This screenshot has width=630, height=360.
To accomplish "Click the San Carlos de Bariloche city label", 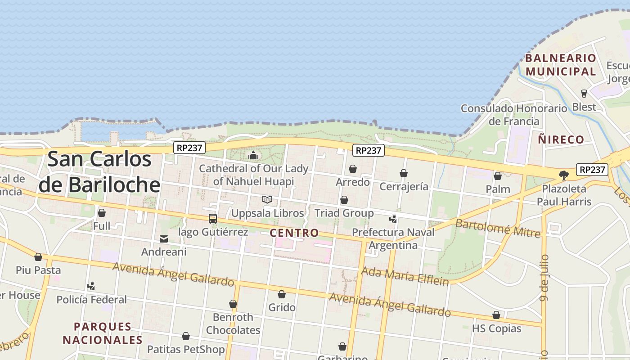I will pos(99,171).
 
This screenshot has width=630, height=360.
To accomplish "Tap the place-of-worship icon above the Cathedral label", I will pos(253,156).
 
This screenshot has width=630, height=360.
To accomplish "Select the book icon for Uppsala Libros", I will pos(267,199).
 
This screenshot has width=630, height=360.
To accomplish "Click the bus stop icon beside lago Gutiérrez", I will pos(213,219).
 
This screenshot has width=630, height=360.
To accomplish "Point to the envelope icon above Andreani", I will pos(164,239).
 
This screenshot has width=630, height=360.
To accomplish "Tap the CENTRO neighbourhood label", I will pos(294,233).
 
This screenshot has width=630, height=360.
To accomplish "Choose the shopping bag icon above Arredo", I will pos(353,169).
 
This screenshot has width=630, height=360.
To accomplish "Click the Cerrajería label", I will pos(404,187).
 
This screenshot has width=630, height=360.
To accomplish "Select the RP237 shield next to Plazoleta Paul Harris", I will pos(592,170).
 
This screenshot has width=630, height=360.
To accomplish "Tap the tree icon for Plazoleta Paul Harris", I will pos(563,175).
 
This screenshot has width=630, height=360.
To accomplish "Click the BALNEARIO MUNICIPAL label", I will pos(561,64).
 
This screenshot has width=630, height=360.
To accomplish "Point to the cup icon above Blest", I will pos(584,94).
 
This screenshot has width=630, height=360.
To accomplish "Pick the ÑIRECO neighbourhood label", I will pos(561,139).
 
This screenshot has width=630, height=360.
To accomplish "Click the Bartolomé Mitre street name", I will pos(498,228).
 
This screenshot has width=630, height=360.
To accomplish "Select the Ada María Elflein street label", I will pos(405,276).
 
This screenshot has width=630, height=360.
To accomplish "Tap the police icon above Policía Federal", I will pos(91,286).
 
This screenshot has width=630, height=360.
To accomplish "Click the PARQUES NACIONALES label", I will pos(103,333).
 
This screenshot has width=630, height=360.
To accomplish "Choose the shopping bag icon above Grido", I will pos(282,294).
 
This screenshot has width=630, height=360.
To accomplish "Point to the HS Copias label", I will pos(496,328).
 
